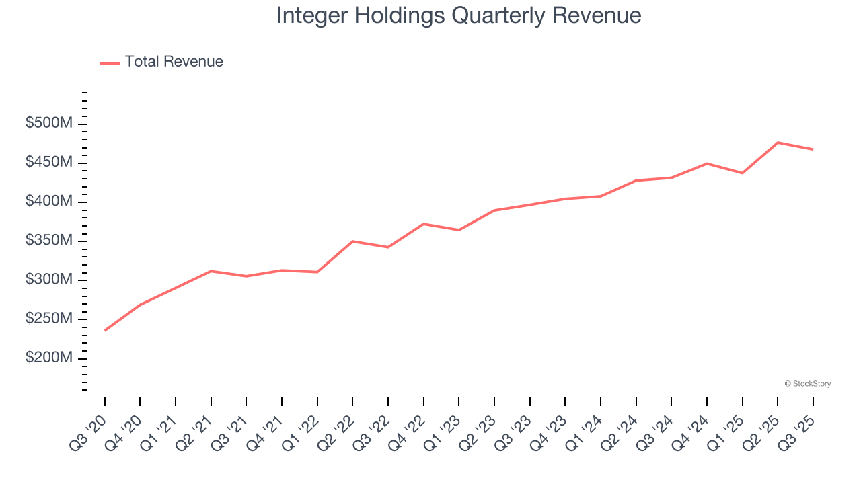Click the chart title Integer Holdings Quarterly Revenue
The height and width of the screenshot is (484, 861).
[x=459, y=15]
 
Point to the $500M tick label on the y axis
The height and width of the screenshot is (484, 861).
[x=49, y=124]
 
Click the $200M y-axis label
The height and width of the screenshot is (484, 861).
[x=49, y=358]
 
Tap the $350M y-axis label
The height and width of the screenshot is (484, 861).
[x=49, y=241]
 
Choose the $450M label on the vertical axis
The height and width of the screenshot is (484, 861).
[x=49, y=163]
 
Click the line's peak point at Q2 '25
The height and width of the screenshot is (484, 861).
[x=778, y=143]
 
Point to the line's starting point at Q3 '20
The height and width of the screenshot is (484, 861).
[x=105, y=330]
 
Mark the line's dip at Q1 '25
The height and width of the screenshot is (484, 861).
[x=742, y=173]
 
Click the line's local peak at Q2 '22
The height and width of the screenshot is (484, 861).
[x=352, y=241]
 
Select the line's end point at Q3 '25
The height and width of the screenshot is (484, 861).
[x=813, y=149]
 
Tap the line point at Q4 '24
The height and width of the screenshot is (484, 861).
[x=707, y=163]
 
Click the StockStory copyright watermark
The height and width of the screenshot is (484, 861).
[x=807, y=384]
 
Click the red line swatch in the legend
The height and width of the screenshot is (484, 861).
[x=110, y=63]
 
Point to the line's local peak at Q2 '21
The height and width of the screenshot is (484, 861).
[x=211, y=271]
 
